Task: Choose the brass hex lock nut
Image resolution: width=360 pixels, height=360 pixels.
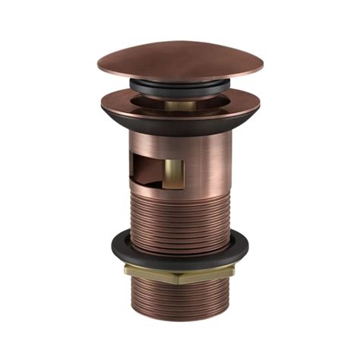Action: tap(179, 274)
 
